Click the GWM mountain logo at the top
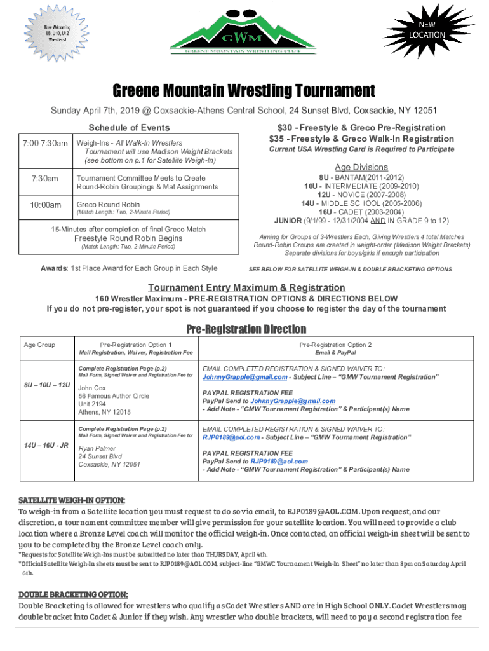[x=245, y=32]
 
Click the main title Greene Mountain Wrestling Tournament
[x=244, y=90]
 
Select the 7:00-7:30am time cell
[x=43, y=143]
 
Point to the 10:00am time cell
[x=43, y=205]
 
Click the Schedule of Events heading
[x=129, y=127]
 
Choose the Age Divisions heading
[x=361, y=167]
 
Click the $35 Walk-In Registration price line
[x=361, y=139]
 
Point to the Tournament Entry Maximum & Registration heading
[x=246, y=287]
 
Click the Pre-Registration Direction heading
[x=246, y=329]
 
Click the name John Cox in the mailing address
[x=92, y=387]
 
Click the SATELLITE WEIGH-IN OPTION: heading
[x=71, y=500]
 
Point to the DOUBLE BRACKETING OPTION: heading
[x=73, y=594]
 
